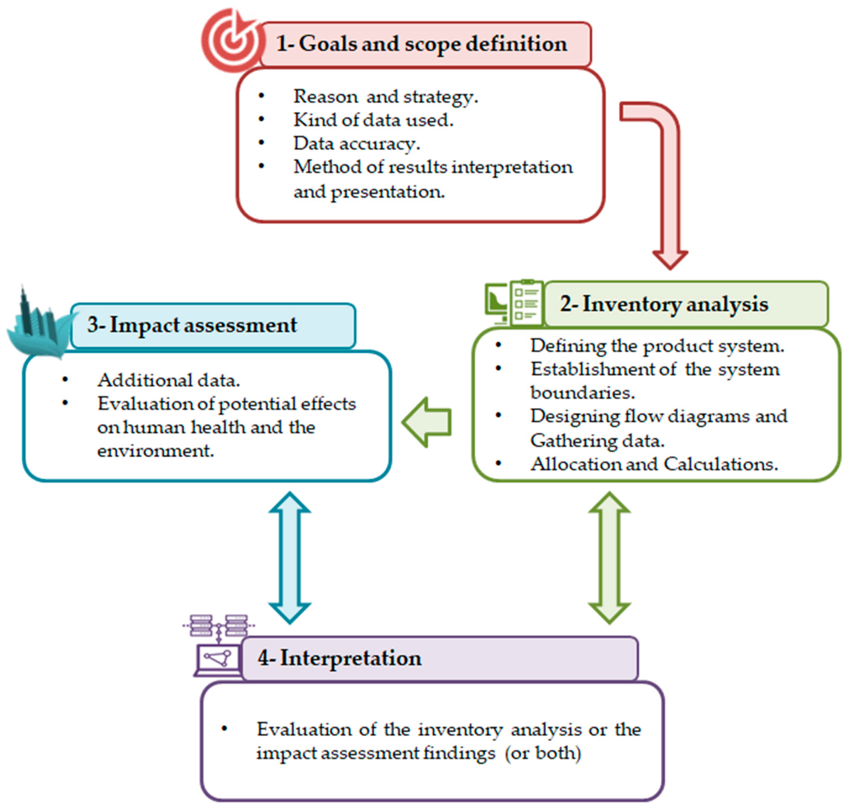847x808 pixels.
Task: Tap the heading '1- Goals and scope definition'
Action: [x=422, y=44]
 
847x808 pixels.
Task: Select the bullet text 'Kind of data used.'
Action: [x=373, y=120]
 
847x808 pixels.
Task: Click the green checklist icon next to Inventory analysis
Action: [x=514, y=304]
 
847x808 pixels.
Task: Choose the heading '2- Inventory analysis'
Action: [x=664, y=304]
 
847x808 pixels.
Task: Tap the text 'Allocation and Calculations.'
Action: [x=654, y=464]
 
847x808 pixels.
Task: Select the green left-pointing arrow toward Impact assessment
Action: [x=427, y=422]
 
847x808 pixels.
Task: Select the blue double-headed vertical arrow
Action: [x=290, y=558]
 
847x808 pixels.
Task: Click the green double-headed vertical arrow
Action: [x=609, y=558]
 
